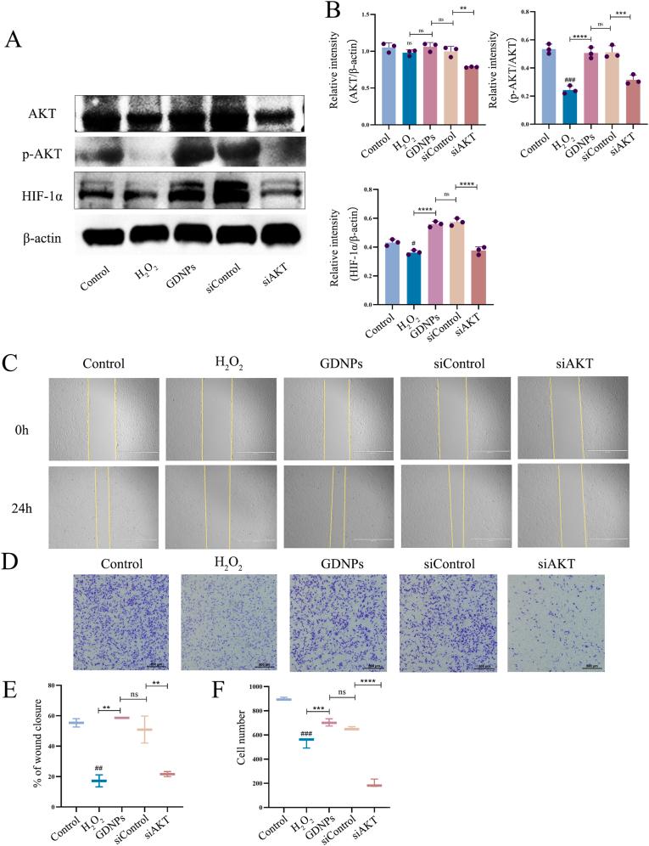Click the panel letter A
[x=14, y=40]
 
